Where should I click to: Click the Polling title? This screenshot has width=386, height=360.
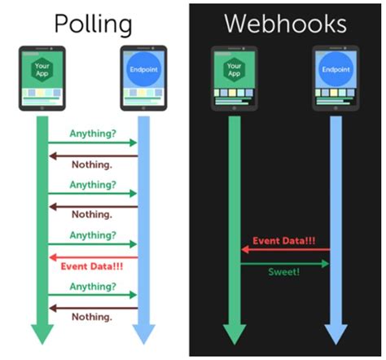(92, 24)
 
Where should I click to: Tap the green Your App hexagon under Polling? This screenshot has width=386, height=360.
(42, 71)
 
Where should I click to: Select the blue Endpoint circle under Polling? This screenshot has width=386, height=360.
(143, 71)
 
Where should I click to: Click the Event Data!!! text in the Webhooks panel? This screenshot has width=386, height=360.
(284, 240)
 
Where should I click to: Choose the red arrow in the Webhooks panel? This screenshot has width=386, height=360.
(284, 251)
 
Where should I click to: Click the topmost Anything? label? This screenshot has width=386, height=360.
(93, 133)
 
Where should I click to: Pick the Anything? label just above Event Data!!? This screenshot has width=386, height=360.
(93, 235)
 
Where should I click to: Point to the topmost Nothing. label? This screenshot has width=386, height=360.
(93, 165)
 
